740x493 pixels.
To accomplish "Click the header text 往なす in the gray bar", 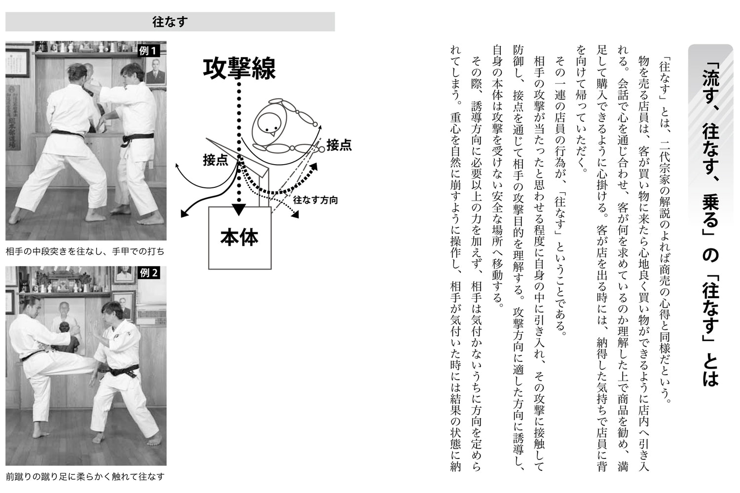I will (170, 22).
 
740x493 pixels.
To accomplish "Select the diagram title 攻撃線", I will (239, 69).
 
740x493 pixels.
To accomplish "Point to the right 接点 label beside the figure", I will (339, 144).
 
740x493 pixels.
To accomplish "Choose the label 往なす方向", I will (315, 200).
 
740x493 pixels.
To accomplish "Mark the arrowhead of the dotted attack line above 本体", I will (239, 210).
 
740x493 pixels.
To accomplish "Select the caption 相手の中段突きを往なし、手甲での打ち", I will (85, 251).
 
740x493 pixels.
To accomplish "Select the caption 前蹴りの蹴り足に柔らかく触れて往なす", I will (85, 477).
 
